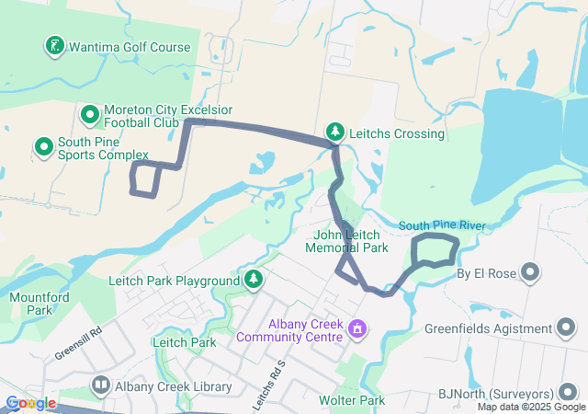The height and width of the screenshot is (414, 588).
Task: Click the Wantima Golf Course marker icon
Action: point(55,45)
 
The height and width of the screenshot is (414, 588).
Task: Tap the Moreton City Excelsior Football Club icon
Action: point(90,115)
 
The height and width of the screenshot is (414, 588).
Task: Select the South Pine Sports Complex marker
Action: point(43,146)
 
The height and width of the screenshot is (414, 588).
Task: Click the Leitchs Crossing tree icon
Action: point(336,132)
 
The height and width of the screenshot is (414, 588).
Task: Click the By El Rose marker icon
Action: point(531,271)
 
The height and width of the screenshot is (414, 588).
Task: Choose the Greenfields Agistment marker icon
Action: point(567,328)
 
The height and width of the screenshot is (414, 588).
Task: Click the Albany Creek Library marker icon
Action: point(100,385)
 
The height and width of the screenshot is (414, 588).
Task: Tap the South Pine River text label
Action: point(441,225)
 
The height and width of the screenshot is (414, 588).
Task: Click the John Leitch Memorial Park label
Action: point(351,241)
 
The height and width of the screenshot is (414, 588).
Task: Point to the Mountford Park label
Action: point(40,304)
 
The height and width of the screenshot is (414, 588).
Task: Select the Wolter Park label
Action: point(352,401)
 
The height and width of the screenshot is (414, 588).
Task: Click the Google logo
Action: point(29,403)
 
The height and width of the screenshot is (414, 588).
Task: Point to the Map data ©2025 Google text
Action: point(530,407)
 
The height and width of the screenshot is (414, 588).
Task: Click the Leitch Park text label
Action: point(184,343)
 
